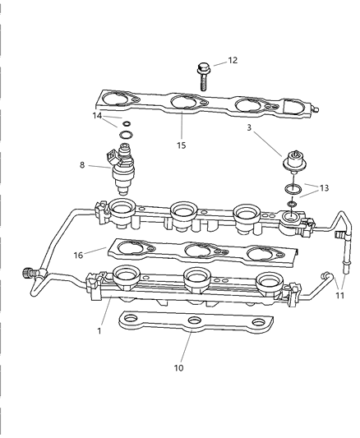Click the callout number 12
tap(232, 60)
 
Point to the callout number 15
tap(181, 145)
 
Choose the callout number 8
tap(81, 165)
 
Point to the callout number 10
tap(179, 367)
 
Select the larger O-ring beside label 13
tap(293, 191)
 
